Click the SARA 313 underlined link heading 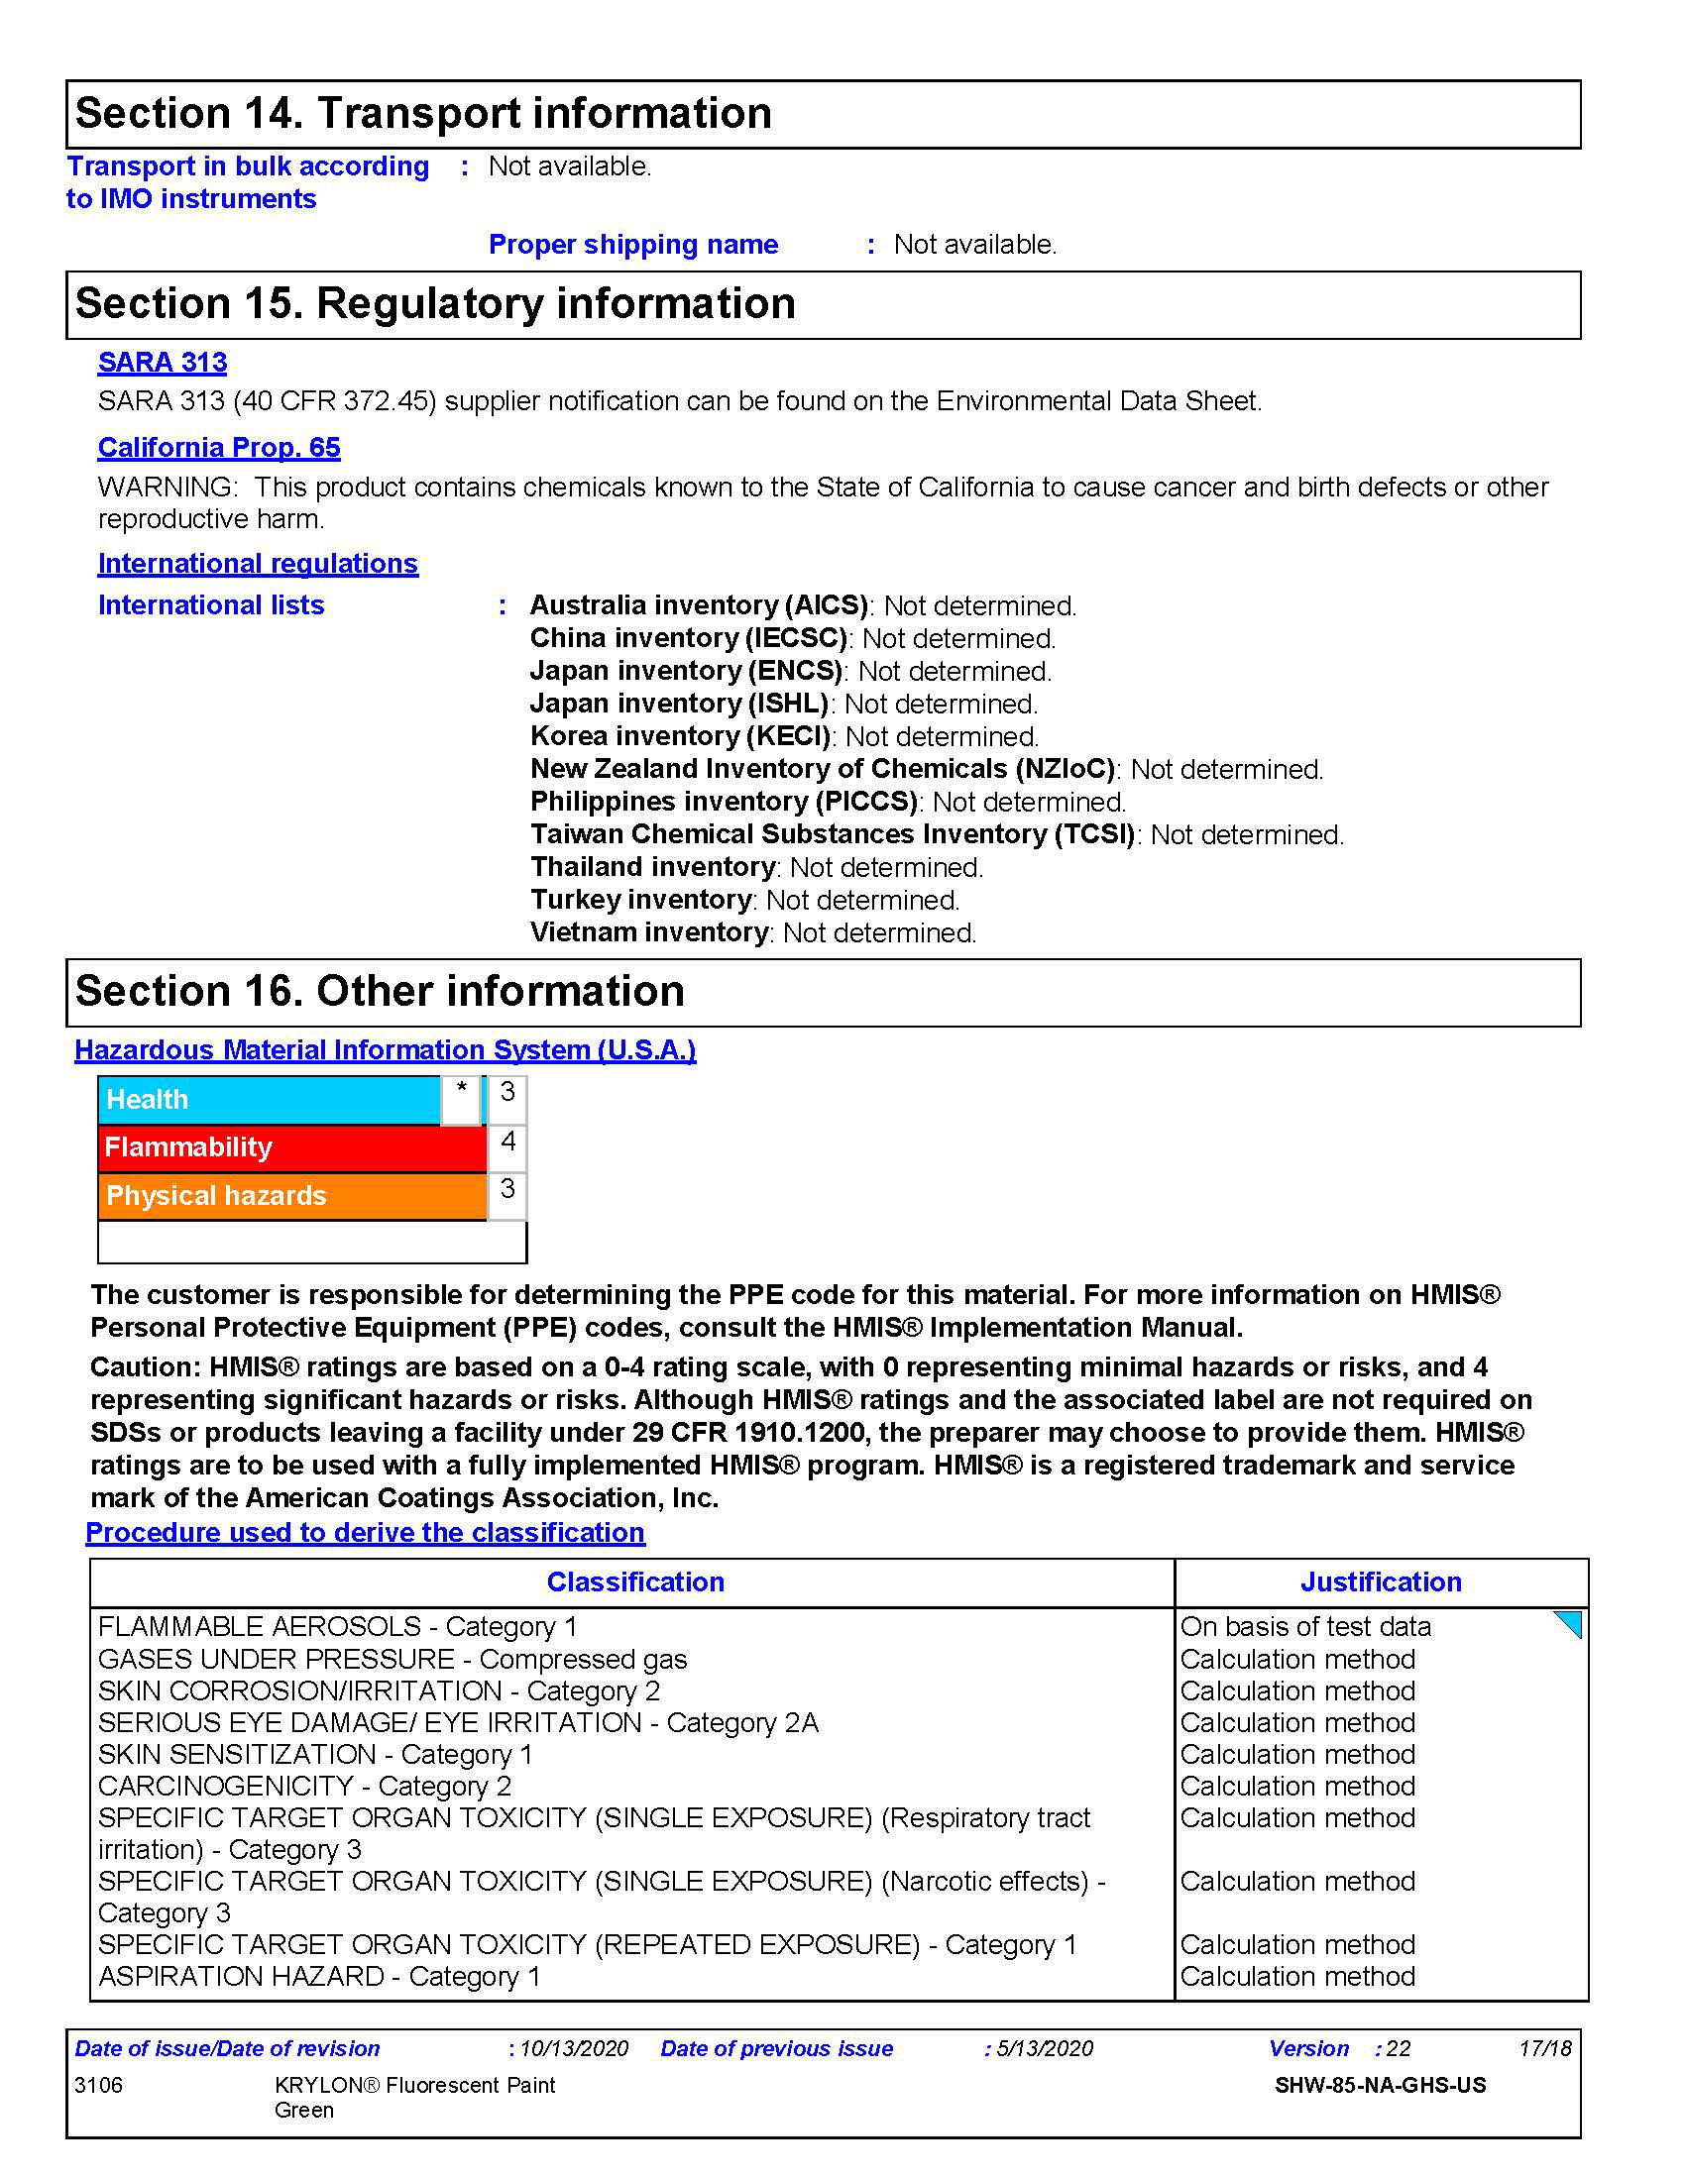pos(162,363)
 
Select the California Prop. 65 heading pos(219,447)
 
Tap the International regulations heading pos(258,563)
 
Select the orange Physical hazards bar pos(291,1196)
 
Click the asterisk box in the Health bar pos(461,1097)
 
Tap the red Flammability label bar pos(291,1147)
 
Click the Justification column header pos(1381,1582)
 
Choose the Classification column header pos(635,1582)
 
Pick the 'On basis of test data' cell pos(1305,1627)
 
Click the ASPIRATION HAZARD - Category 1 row pos(319,1977)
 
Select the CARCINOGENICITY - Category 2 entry pos(304,1786)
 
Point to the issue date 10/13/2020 pos(574,2048)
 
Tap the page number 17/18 pos(1545,2048)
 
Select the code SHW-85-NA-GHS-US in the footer pos(1381,2085)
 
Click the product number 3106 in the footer pos(99,2085)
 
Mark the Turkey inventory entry pos(744,901)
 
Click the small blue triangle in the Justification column pos(1570,1624)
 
